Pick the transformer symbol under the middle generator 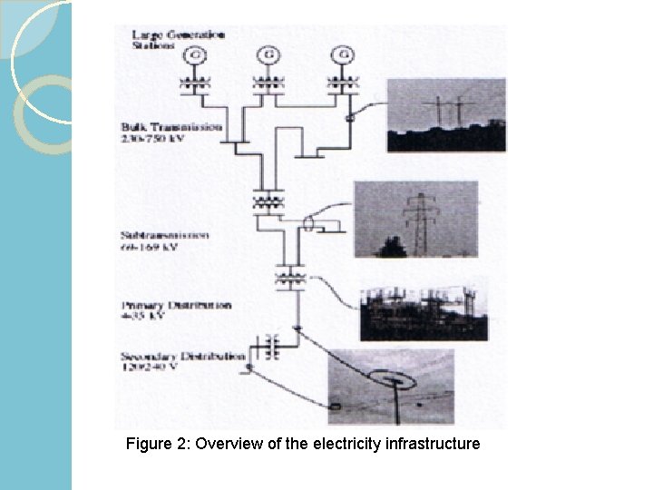[268, 87]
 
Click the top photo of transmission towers [445, 114]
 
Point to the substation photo [424, 309]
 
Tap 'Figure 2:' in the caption [158, 444]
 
